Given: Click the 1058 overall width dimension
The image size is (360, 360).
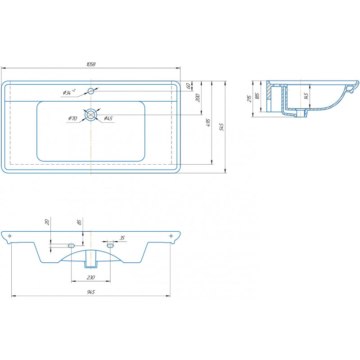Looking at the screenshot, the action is [x=91, y=64].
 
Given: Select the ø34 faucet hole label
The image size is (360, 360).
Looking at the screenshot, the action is [x=69, y=92].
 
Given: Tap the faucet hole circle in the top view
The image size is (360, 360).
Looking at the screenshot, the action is [x=91, y=91].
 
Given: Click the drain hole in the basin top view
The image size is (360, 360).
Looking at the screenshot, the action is [x=91, y=115].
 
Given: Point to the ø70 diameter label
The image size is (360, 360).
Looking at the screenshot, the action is [x=72, y=118].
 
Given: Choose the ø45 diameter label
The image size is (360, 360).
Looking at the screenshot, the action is [x=108, y=118].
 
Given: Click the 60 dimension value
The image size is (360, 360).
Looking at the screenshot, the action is [x=188, y=86].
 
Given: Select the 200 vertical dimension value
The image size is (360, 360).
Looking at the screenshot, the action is [x=198, y=98].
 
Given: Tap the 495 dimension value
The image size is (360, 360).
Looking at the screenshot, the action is [x=208, y=123].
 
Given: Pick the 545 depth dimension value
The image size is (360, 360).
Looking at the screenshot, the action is [x=221, y=127].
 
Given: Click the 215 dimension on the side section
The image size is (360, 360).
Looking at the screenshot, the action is [x=249, y=99].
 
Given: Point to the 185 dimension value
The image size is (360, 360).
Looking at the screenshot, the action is [x=257, y=96].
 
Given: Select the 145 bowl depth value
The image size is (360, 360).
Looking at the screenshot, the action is [x=306, y=96].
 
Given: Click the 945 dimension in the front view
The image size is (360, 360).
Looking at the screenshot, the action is [x=91, y=292].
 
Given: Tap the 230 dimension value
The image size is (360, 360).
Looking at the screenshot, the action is [x=91, y=277].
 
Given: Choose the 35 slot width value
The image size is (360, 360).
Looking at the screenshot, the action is [x=122, y=238].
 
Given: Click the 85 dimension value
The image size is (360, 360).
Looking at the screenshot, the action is [x=80, y=222].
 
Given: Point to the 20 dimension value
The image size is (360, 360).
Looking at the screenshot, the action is [x=47, y=222].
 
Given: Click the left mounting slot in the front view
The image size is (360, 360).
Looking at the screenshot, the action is [x=72, y=246].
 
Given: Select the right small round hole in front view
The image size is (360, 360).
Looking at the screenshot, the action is [x=171, y=236].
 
